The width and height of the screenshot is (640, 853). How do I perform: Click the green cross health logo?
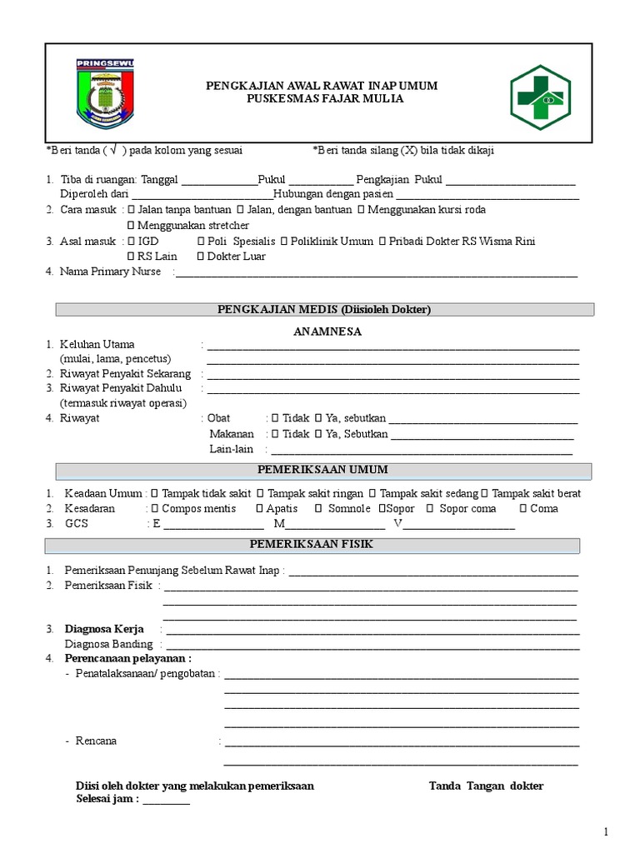coord(540,95)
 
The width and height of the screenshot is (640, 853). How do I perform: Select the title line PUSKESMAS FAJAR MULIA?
coord(322,99)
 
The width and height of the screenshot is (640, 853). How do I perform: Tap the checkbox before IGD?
coord(131,242)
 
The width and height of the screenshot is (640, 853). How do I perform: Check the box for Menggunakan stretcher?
coord(131,226)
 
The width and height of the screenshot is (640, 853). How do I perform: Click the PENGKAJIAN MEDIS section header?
coord(324,310)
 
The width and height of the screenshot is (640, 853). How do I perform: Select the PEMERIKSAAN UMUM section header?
coord(322,470)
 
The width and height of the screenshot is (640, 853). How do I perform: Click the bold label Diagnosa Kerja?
coord(104,629)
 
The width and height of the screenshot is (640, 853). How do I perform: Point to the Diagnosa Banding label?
coord(108,644)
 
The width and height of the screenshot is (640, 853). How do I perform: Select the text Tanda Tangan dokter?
coord(486,786)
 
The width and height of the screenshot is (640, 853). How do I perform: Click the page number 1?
coord(607,831)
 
